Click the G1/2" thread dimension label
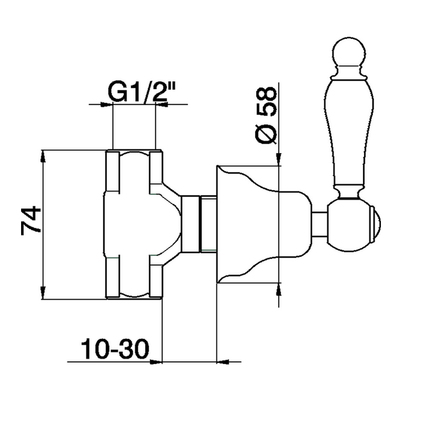141,92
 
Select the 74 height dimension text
31,220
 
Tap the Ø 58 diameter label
266,115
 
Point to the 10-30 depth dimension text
115,349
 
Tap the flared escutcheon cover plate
263,224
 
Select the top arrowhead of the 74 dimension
43,157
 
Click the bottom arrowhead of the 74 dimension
43,293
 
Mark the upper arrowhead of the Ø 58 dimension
279,159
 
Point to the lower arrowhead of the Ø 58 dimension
279,289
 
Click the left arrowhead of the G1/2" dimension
106,105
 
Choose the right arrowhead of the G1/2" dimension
161,105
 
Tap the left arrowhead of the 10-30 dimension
156,362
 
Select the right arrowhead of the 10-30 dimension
223,362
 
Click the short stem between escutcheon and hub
319,224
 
